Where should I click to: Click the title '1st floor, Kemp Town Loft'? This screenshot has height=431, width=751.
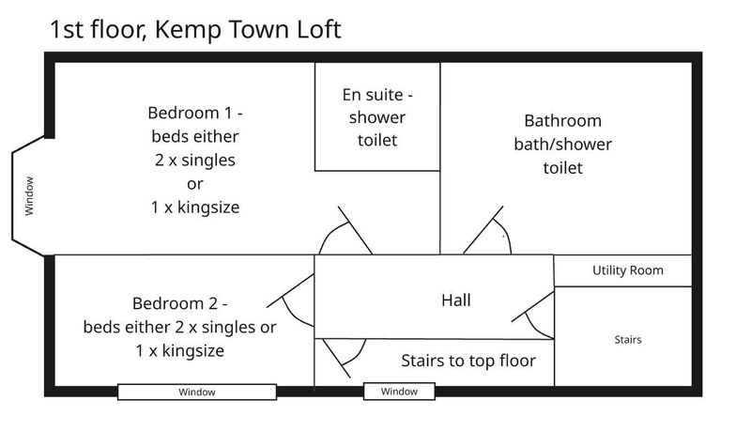coord(194,29)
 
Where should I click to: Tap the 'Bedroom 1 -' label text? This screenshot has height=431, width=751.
coord(195,113)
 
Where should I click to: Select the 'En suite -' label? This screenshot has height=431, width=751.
coord(377,95)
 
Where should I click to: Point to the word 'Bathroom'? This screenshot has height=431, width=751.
coord(562,121)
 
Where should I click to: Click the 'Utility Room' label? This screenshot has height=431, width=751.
coord(627,270)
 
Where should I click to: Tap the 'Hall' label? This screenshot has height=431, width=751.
coord(455,300)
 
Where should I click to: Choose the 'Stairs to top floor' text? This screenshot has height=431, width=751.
coord(467,360)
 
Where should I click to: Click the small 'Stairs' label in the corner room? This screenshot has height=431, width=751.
coord(628,339)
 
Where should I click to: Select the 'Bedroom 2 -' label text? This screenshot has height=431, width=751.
coord(180,303)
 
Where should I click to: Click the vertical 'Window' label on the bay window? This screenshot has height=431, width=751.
coord(29,196)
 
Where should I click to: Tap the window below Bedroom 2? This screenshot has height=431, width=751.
coord(197,392)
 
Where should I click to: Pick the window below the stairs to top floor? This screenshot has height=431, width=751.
coord(399,392)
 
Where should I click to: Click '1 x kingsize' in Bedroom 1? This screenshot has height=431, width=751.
coord(195,208)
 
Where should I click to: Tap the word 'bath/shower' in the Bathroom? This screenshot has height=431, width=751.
coord(562,145)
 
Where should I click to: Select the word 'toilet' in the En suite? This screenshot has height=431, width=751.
coord(377,140)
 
